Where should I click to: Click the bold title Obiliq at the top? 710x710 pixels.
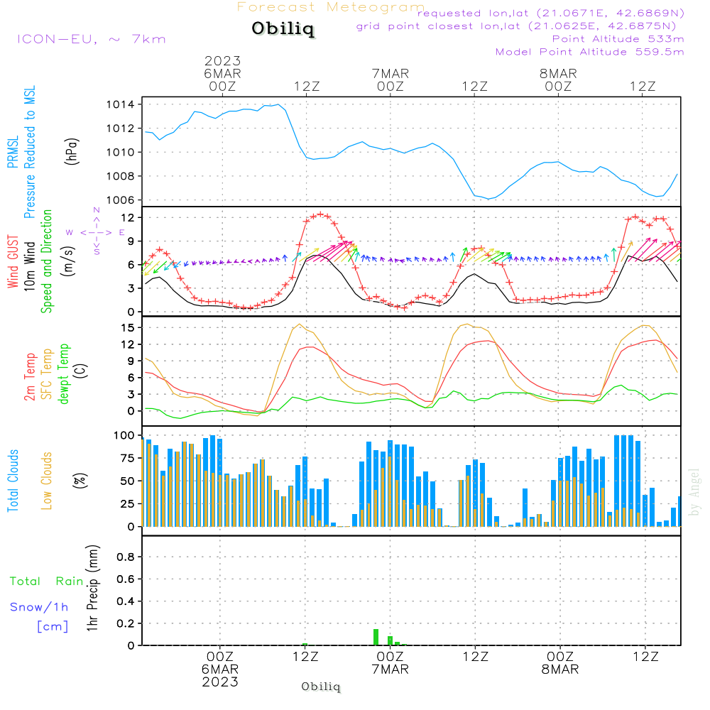click(282, 30)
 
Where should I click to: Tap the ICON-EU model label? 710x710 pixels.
click(91, 39)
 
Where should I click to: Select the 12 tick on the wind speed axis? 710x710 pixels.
click(129, 217)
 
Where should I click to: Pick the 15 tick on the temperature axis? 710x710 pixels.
click(129, 327)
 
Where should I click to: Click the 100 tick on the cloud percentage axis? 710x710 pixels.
click(124, 435)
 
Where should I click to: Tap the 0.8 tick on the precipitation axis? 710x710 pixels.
click(126, 557)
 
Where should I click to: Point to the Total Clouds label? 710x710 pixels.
click(13, 481)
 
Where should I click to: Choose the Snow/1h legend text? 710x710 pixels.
click(39, 608)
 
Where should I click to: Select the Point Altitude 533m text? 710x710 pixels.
click(618, 39)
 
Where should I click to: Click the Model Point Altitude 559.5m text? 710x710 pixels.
click(589, 52)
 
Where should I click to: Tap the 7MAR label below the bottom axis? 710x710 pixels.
click(390, 670)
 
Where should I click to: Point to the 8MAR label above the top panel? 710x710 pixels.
click(558, 74)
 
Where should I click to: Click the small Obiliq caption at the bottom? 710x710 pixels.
click(321, 687)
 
